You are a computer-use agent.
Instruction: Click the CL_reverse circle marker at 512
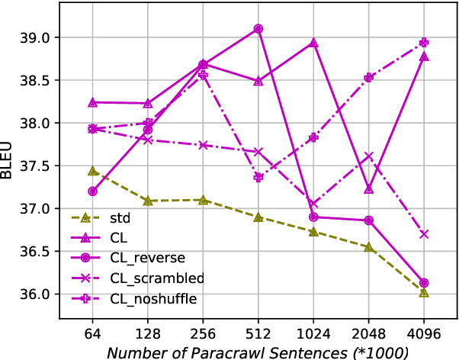coord(258,29)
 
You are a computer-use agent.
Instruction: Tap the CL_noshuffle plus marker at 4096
coord(424,43)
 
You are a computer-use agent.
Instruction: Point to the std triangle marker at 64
coord(93,171)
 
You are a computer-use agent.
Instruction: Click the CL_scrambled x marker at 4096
coord(424,234)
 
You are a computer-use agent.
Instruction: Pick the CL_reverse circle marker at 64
coord(93,191)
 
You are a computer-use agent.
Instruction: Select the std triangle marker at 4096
coord(424,292)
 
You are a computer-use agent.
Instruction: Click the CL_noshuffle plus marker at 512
coord(258,177)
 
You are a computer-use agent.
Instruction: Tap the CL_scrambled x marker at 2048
coord(369,156)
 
